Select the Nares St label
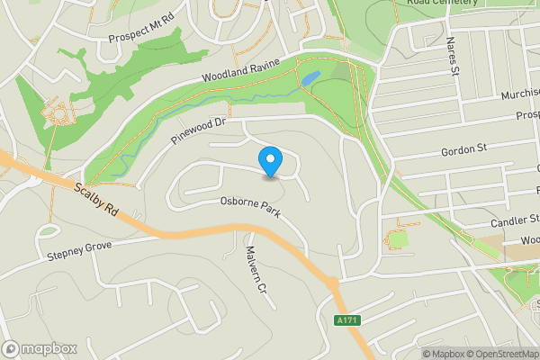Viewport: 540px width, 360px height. pos(452,56)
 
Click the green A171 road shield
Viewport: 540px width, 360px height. pos(343,320)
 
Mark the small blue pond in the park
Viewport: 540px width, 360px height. pos(310,79)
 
